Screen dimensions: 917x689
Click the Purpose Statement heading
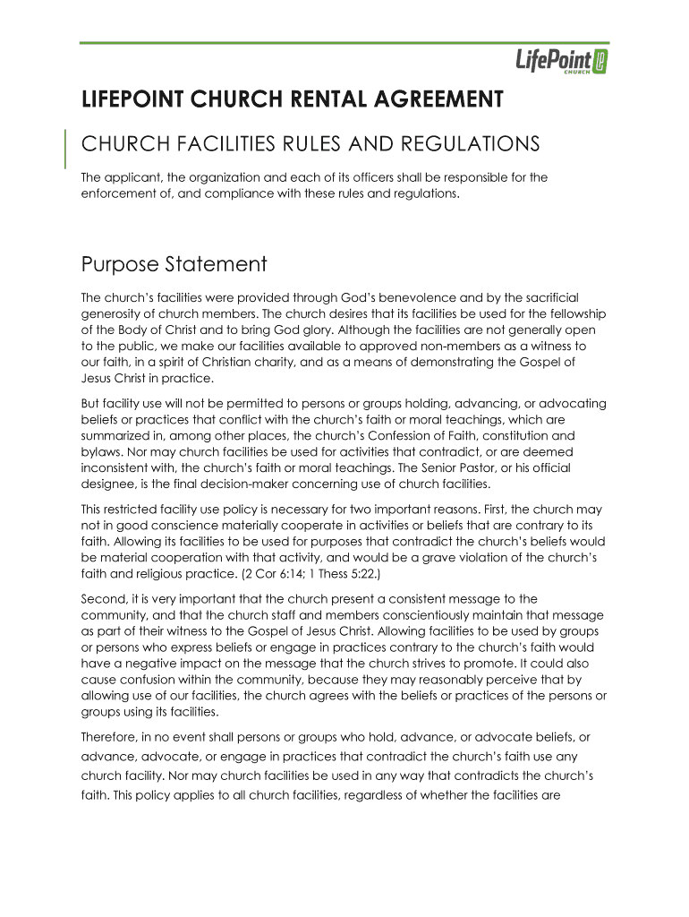point(174,265)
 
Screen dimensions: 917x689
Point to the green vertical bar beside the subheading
point(67,149)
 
